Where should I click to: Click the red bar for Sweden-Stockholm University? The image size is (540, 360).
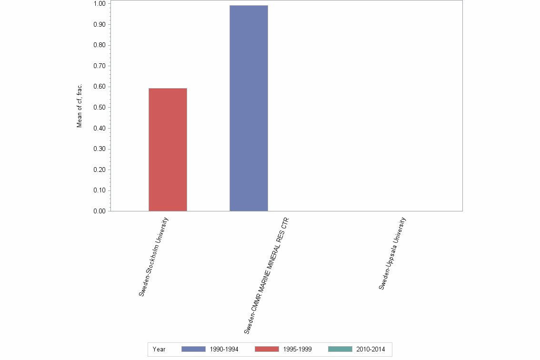coord(168,150)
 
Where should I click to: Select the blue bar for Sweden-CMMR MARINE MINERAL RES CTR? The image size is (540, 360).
coord(249,108)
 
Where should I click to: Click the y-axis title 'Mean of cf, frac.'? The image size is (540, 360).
coord(80,106)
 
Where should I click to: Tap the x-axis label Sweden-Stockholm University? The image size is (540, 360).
coord(154,257)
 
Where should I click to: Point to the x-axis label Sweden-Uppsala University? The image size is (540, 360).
coord(392,253)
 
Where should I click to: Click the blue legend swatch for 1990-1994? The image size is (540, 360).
coord(193,349)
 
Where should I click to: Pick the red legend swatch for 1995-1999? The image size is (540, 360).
coord(267,349)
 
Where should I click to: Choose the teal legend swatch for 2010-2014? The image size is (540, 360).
coord(340,349)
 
